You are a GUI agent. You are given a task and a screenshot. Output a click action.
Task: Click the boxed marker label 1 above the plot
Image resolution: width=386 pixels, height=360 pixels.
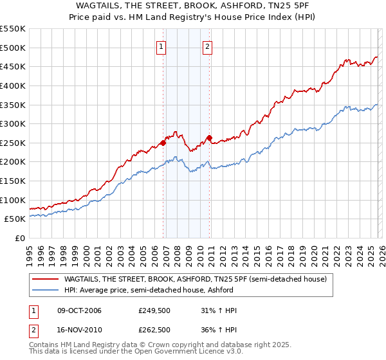(160, 46)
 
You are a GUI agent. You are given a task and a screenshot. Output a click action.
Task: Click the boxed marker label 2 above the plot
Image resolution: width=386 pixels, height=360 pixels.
(208, 46)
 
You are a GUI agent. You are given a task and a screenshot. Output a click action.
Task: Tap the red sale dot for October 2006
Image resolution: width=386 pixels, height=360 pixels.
(163, 143)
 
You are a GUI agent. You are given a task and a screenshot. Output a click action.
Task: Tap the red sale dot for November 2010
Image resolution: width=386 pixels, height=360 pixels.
(210, 138)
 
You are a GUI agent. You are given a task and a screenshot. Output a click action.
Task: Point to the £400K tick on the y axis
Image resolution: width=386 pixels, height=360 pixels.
(13, 85)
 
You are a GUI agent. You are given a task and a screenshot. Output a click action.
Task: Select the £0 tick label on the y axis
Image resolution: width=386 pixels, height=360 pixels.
(21, 239)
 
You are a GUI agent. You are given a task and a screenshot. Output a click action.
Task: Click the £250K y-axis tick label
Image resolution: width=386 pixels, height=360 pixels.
(13, 143)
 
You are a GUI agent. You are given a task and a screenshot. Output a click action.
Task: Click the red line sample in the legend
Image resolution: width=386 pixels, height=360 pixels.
(46, 279)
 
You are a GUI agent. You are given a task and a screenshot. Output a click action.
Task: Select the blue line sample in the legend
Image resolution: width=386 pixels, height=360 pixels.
(46, 290)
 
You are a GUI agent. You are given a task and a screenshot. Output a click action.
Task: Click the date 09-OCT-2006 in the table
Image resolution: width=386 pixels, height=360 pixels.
(79, 310)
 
